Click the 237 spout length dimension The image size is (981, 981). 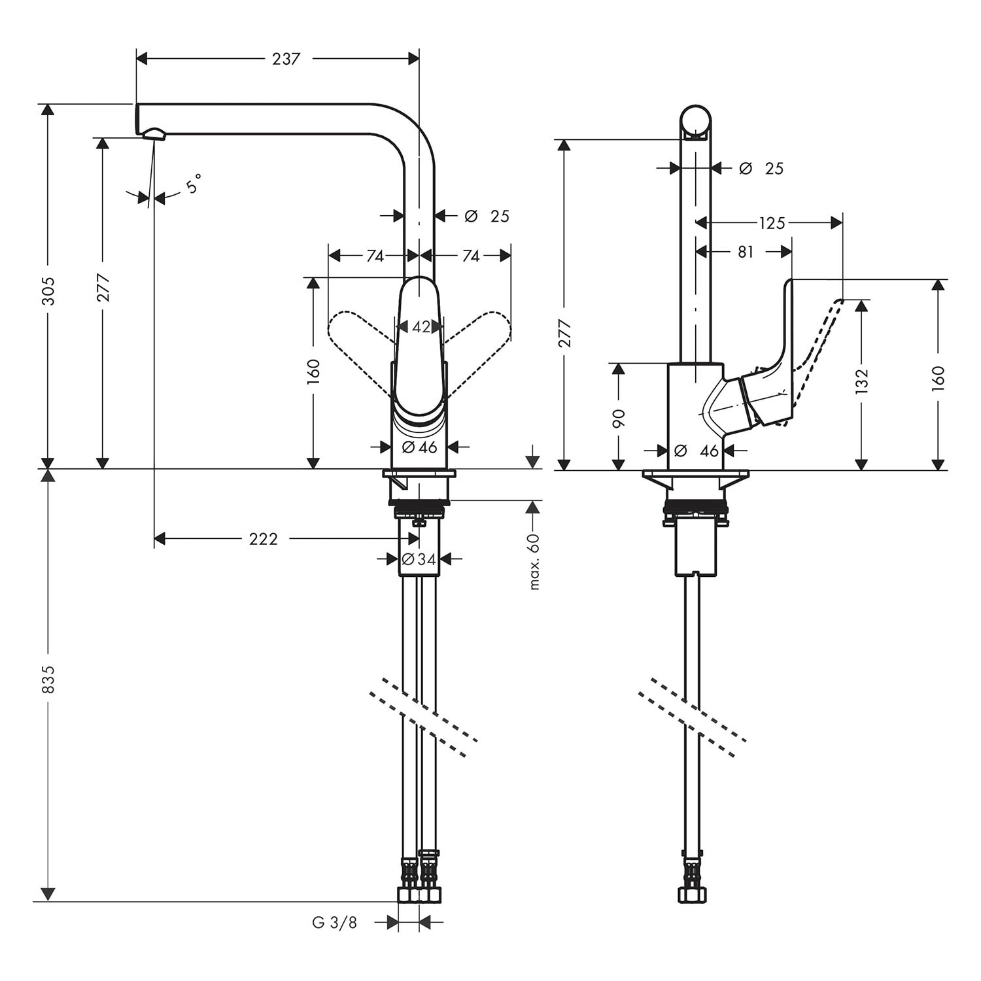click(x=286, y=59)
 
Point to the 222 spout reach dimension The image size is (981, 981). click(x=264, y=539)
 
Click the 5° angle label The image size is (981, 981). click(x=193, y=184)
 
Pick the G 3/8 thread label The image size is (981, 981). click(x=335, y=923)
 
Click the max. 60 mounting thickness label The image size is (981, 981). click(x=534, y=561)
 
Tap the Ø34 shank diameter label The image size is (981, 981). click(x=419, y=559)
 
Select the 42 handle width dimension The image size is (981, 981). click(x=421, y=326)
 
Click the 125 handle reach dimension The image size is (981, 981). click(x=772, y=223)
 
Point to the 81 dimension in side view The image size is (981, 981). click(x=746, y=251)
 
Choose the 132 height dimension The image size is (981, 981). click(x=861, y=381)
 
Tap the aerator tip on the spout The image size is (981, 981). click(x=153, y=134)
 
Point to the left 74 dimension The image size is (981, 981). click(x=375, y=256)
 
